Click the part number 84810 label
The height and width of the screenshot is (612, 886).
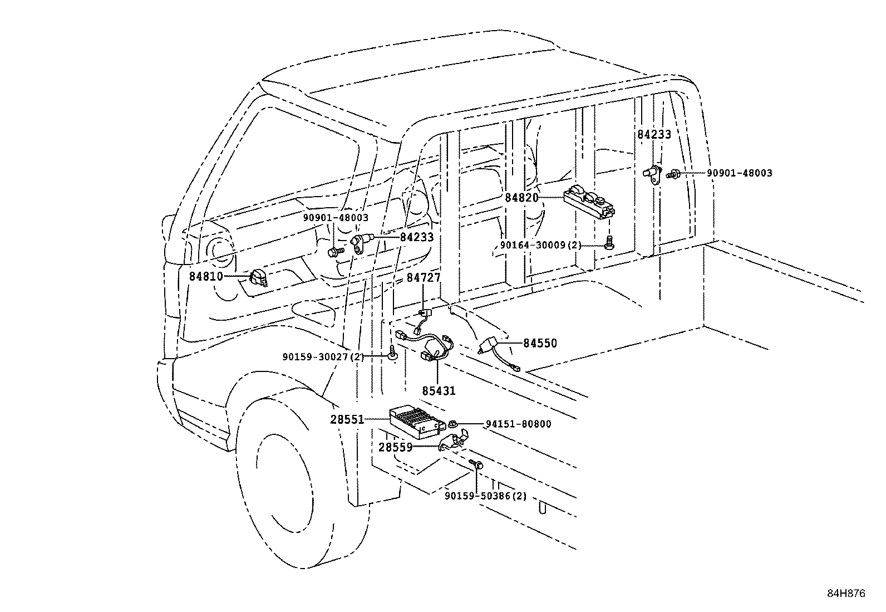[x=206, y=276]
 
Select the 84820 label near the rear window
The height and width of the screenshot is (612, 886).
[x=521, y=197]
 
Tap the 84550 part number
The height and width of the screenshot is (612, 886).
[x=540, y=344]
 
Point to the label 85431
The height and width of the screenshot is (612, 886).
[x=439, y=391]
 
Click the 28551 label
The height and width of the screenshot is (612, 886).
[x=347, y=419]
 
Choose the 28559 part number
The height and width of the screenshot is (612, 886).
[x=396, y=447]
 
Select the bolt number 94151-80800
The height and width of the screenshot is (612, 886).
[x=518, y=424]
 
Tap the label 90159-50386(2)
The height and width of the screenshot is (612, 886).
[x=485, y=496]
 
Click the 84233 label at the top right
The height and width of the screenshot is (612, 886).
[x=654, y=134]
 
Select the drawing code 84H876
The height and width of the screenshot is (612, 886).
[x=846, y=594]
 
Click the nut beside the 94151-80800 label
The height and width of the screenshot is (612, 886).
[x=453, y=424]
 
